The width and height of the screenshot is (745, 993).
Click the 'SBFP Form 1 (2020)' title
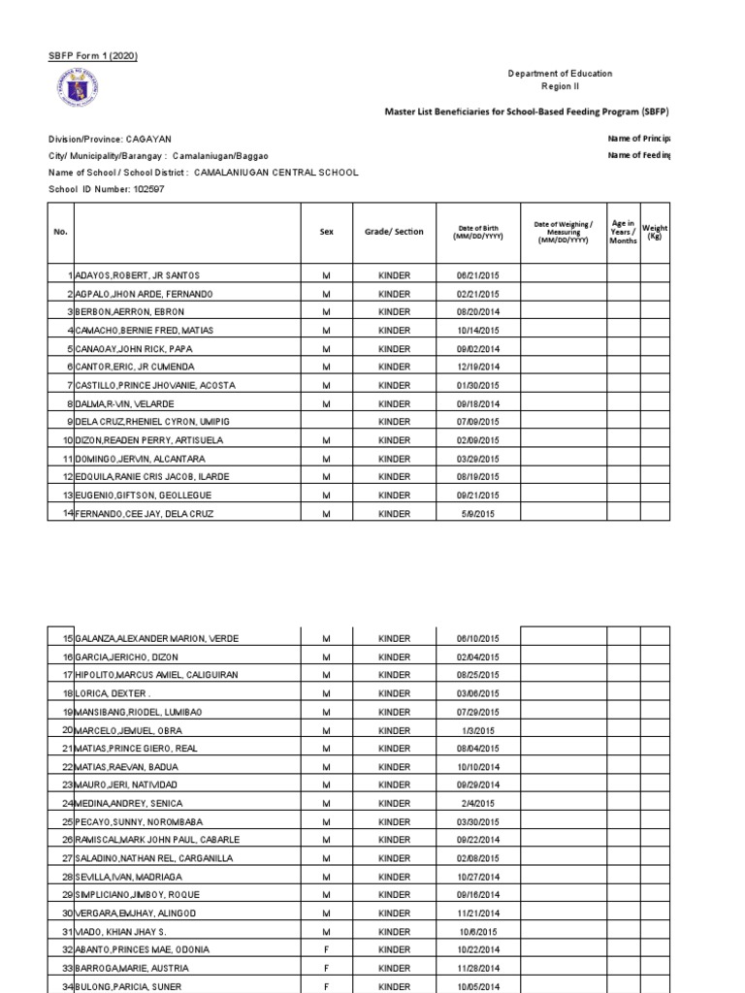point(93,55)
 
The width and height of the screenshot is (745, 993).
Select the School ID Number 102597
point(145,188)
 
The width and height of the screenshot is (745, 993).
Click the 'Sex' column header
point(326,232)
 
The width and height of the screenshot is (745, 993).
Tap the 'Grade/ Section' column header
point(394,232)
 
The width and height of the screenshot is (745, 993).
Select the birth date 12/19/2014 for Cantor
point(476,367)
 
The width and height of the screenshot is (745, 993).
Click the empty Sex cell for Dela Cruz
point(326,422)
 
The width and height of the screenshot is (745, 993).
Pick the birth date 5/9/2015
point(476,513)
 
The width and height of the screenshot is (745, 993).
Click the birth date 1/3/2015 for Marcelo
point(476,730)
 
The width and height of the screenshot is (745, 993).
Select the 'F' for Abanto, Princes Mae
point(326,949)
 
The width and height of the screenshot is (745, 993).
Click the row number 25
point(67,821)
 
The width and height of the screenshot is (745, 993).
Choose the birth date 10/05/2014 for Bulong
point(476,986)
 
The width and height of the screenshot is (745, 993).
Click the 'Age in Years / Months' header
point(623,232)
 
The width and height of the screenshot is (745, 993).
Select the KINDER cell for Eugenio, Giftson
point(394,495)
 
